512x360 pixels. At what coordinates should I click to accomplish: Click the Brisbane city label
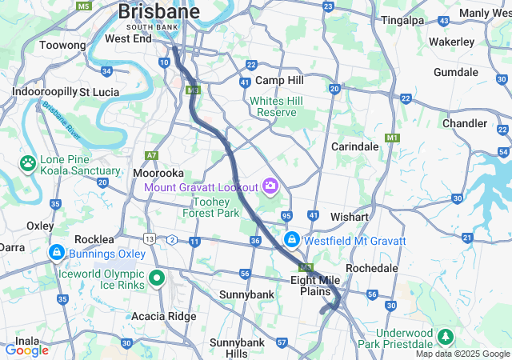(158, 12)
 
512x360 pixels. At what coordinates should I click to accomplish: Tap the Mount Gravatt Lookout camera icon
(270, 186)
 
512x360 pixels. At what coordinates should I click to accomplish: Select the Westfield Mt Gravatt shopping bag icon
(293, 240)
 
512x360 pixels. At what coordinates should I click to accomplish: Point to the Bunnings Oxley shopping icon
(57, 254)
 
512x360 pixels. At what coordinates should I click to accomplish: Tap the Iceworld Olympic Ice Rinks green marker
(157, 278)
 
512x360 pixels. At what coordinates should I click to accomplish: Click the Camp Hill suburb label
(279, 81)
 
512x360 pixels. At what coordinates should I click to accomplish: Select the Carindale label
(355, 147)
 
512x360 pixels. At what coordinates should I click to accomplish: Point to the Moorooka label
(158, 173)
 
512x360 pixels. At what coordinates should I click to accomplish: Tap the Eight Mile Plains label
(314, 285)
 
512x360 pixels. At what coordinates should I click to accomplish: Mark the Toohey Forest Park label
(210, 207)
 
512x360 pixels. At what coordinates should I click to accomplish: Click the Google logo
(26, 350)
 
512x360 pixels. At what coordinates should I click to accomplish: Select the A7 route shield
(152, 154)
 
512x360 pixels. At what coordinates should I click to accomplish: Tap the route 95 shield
(286, 216)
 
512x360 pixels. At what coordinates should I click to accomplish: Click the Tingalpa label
(402, 20)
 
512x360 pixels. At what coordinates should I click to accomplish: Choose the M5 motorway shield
(83, 6)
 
